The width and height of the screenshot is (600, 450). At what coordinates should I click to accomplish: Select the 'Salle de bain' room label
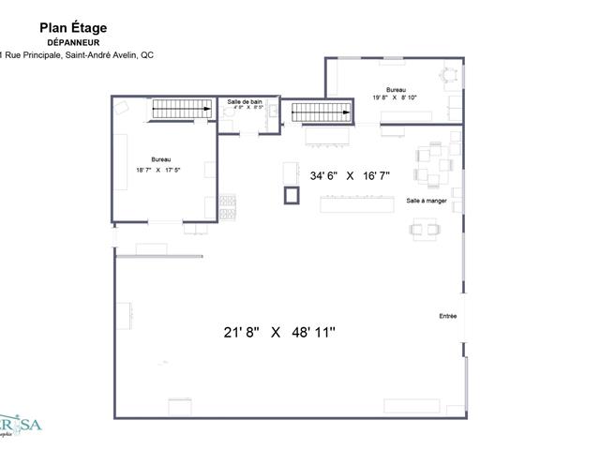tap(246, 101)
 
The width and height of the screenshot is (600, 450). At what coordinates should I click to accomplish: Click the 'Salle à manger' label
tap(427, 202)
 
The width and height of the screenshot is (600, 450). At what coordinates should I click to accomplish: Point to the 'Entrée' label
tap(448, 316)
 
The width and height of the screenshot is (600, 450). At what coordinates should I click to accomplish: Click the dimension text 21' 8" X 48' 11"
tap(279, 331)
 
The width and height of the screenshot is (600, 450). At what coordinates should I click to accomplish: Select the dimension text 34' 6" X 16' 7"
tap(350, 175)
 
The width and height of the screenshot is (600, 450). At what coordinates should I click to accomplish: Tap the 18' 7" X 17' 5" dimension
tap(162, 170)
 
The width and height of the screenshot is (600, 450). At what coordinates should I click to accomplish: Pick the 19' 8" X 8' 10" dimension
tap(393, 96)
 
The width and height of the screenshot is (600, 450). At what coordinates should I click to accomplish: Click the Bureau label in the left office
tap(161, 159)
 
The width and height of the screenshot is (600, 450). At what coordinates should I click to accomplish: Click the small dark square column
tap(292, 195)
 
